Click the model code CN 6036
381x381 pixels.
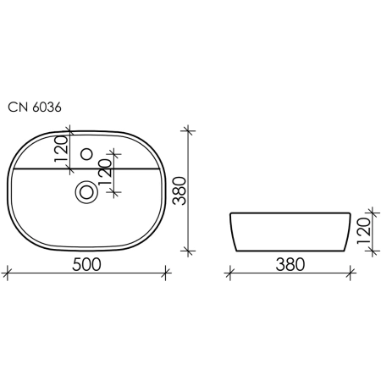pos(35,108)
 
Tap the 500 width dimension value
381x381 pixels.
pos(86,265)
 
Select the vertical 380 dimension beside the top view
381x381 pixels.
pos(179,190)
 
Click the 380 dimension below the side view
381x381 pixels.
pos(290,265)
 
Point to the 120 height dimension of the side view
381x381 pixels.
pos(363,231)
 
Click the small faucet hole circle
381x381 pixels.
pos(86,154)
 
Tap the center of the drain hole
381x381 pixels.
pos(86,192)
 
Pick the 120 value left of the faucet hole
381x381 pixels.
pos(62,149)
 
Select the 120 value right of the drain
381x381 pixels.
pos(105,173)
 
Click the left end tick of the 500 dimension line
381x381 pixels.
pos(7,273)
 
